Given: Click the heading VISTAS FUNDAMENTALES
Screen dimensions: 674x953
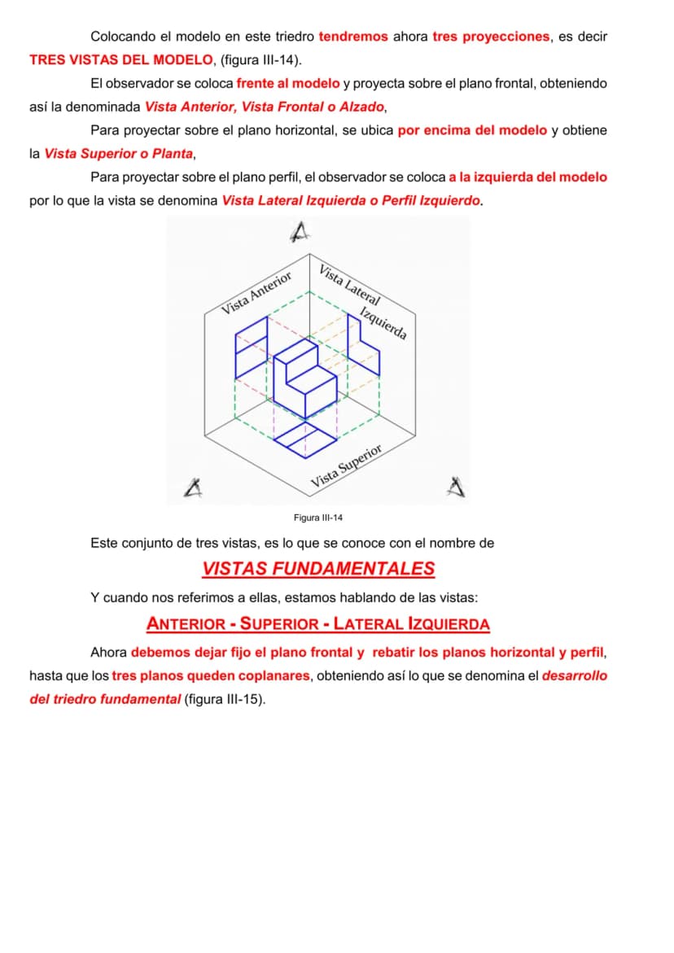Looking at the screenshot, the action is coord(318,569).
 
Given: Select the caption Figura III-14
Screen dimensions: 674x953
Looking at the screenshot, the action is coord(317,518).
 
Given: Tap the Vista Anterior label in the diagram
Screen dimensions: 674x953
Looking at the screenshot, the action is coord(256,293).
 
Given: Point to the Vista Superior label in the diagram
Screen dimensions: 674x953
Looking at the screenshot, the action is coord(347,466).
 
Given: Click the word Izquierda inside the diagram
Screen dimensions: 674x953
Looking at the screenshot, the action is coord(383,323).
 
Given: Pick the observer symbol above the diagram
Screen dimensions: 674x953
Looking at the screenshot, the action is coord(300,231).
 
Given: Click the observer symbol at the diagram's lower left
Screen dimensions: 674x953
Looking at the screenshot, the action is coord(194,488).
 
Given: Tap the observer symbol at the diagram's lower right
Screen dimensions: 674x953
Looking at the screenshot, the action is coord(456,487).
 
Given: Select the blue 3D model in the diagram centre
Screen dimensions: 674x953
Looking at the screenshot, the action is coord(305,378).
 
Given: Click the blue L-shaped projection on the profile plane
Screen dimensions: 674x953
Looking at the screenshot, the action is coord(363,344).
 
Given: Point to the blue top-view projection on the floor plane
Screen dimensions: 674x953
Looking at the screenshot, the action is coord(305,439).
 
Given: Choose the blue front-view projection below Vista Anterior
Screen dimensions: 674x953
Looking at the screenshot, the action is coord(251,348).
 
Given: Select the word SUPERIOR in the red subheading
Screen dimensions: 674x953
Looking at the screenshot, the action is coord(279,624).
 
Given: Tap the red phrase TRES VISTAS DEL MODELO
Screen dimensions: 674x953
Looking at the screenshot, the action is coord(121,60).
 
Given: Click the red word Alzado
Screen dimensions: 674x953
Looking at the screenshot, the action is coord(361,107).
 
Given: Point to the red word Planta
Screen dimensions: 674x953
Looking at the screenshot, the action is coord(172,154).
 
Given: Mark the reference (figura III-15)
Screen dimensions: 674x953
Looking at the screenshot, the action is coord(225,699).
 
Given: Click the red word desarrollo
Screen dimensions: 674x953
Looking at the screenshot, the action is coord(575,675).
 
